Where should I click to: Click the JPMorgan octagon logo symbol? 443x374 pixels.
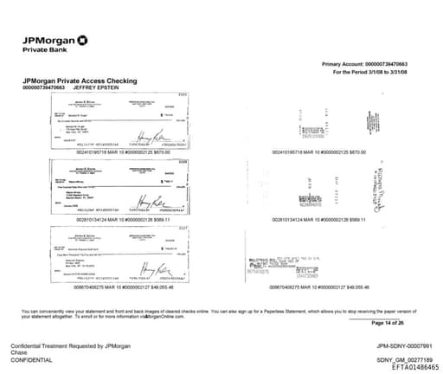pos(82,40)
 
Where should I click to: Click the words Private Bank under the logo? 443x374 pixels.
pos(42,49)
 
